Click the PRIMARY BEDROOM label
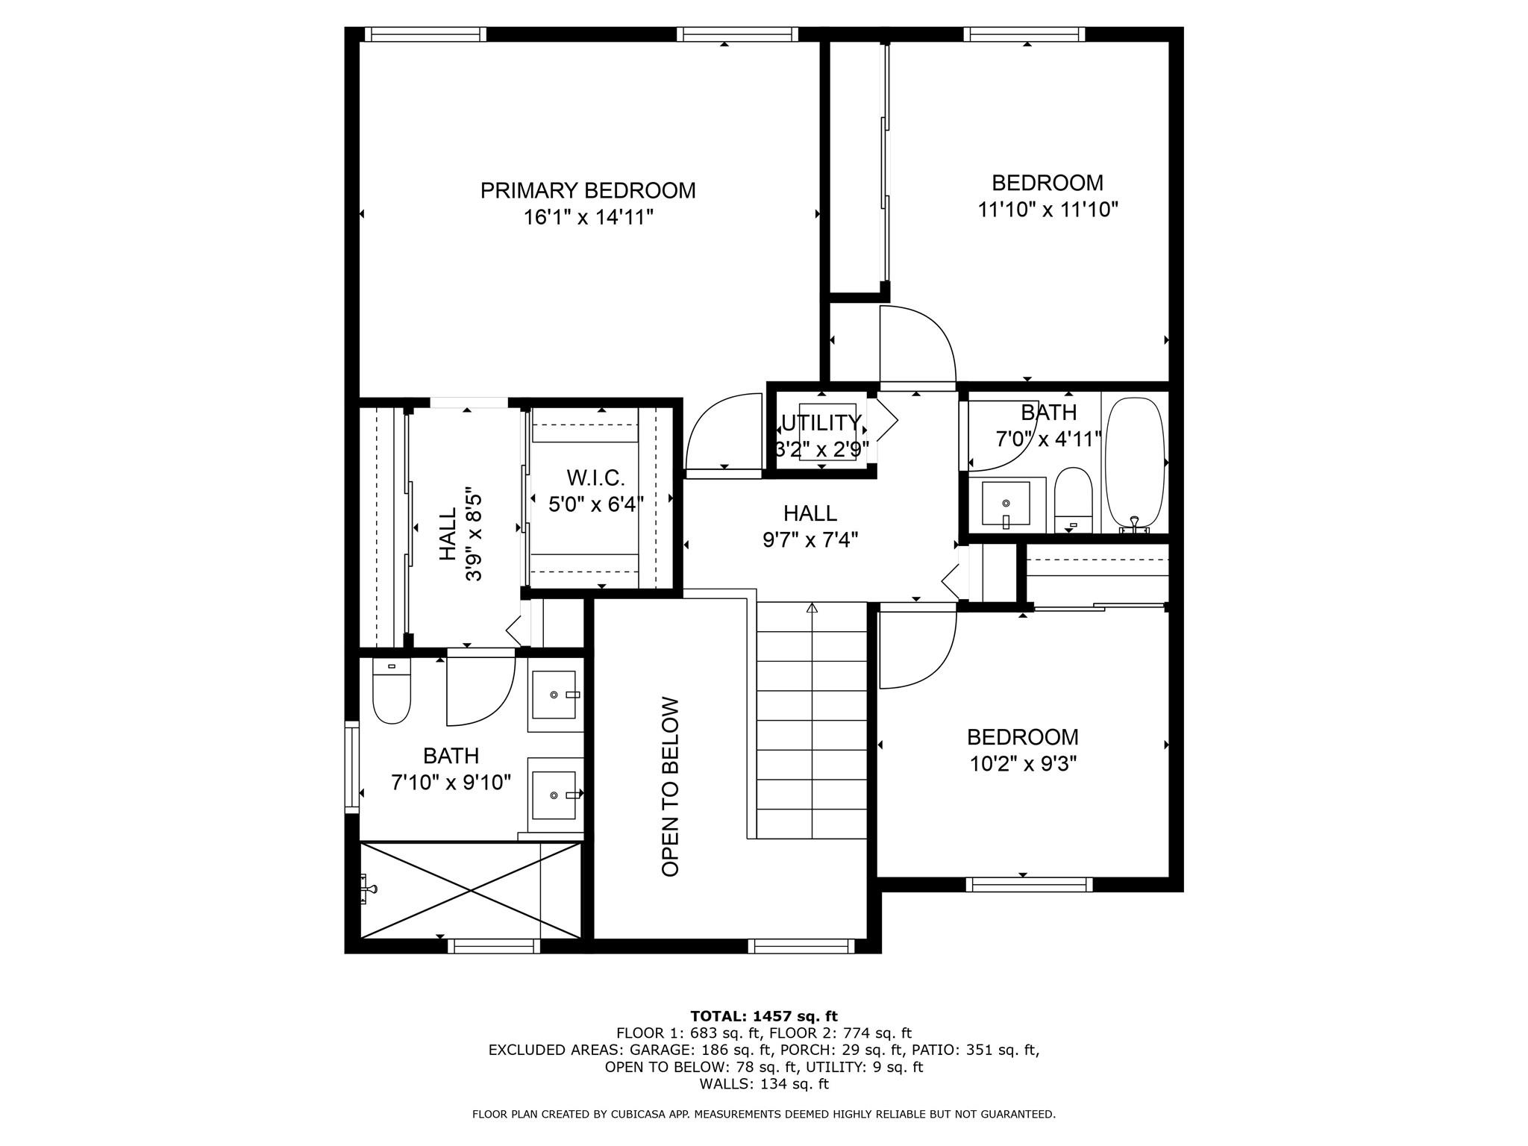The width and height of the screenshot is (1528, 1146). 588,190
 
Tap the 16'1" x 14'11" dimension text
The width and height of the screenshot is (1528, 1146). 588,218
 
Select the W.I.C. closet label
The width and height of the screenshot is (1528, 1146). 595,477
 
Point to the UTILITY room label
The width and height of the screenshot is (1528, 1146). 821,423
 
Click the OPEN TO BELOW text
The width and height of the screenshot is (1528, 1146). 670,786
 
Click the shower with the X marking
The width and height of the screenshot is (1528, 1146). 471,890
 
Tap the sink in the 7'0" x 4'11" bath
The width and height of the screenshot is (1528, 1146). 1006,504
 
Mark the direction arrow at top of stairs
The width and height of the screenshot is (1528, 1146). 812,608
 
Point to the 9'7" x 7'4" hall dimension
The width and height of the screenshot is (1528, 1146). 810,539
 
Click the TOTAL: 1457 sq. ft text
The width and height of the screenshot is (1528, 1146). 764,1015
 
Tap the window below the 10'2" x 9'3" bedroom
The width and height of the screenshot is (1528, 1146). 1029,885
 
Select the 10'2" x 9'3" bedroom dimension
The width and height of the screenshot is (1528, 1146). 1023,764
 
